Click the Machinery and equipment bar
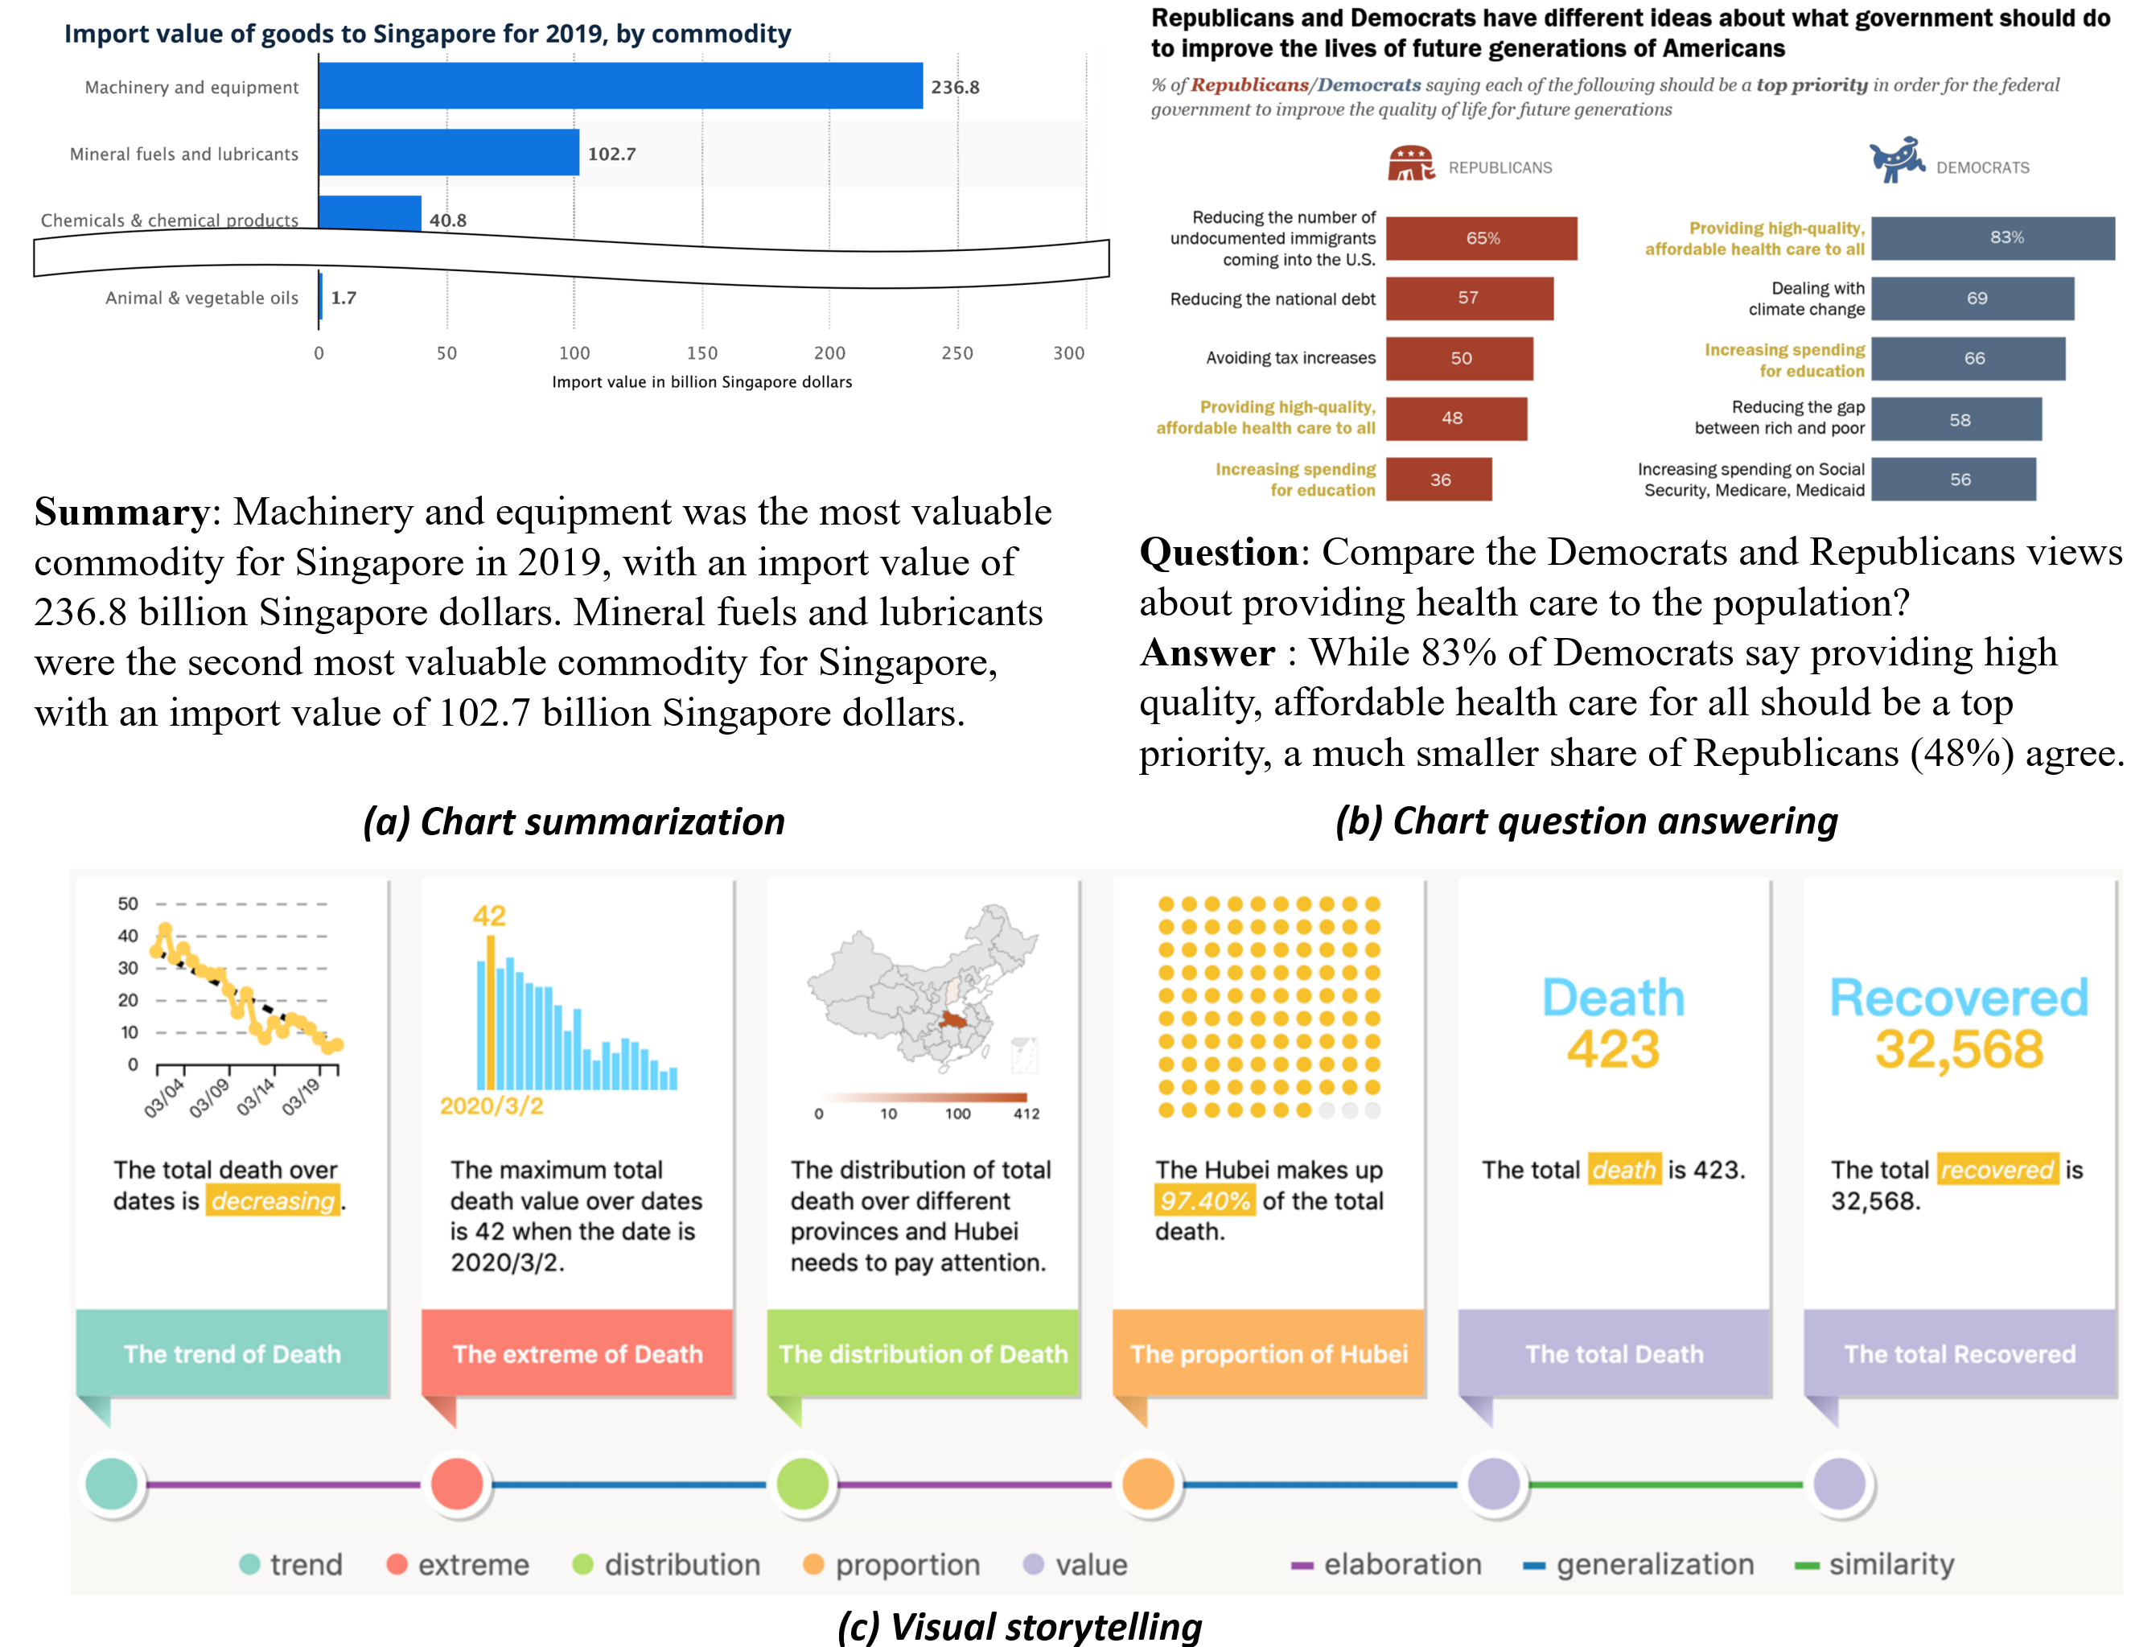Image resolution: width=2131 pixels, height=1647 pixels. pyautogui.click(x=619, y=86)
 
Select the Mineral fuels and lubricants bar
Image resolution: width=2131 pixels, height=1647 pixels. pyautogui.click(x=449, y=153)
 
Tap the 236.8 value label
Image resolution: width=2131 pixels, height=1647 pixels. pyautogui.click(x=954, y=87)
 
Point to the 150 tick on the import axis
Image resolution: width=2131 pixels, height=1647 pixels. pyautogui.click(x=701, y=353)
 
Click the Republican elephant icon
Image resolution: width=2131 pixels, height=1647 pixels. pyautogui.click(x=1410, y=164)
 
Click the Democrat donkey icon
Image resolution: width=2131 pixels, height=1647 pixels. pyautogui.click(x=1896, y=160)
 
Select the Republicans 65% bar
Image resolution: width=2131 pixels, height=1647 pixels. pyautogui.click(x=1480, y=238)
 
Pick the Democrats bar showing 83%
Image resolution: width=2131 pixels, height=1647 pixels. pyautogui.click(x=1992, y=238)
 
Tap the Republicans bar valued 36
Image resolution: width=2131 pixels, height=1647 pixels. pyautogui.click(x=1438, y=479)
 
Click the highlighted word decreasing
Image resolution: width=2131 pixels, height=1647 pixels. pyautogui.click(x=274, y=1200)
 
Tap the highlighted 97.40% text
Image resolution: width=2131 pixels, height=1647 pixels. pyautogui.click(x=1204, y=1200)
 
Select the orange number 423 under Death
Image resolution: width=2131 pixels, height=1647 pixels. pyautogui.click(x=1613, y=1049)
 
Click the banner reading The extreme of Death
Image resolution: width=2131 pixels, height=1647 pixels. pyautogui.click(x=577, y=1353)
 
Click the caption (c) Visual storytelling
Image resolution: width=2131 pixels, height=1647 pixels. pyautogui.click(x=1019, y=1625)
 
